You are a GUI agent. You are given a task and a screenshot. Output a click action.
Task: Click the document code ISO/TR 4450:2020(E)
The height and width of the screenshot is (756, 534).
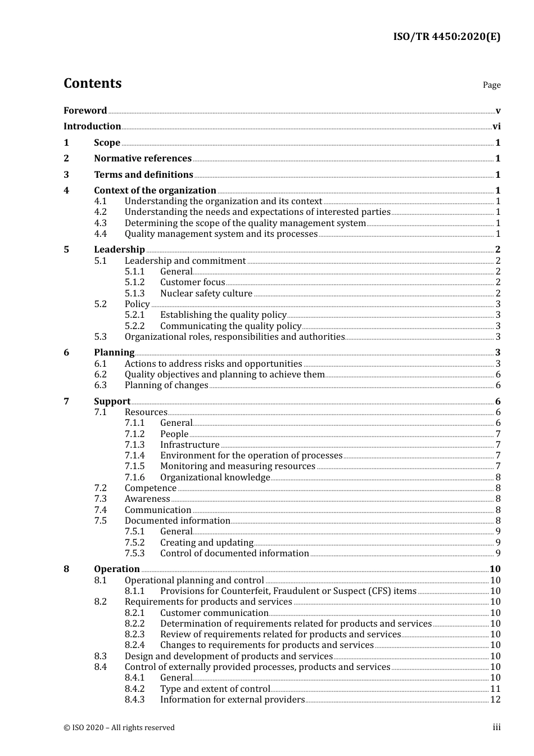point(446,37)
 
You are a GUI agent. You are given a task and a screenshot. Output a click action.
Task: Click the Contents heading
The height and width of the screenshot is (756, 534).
point(92,83)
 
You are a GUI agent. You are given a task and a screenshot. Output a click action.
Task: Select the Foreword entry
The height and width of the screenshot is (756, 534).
point(85,111)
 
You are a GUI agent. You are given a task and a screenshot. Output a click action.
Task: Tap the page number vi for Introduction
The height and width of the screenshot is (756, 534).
point(496,127)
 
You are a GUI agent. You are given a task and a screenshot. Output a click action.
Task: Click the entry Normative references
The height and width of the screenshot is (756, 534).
point(143,159)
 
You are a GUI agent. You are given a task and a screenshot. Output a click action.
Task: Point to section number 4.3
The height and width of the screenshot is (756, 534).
point(100,223)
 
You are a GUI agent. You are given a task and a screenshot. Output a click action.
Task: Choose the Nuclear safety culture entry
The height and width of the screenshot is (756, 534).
point(206,294)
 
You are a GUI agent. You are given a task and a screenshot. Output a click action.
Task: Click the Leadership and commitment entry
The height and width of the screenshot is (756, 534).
point(185,261)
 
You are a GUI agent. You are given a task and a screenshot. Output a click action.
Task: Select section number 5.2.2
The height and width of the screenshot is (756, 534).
point(134,326)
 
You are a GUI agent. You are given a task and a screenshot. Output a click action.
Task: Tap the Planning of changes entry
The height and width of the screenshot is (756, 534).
point(166,385)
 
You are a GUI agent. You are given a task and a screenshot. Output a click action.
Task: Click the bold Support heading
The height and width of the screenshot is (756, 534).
point(112,402)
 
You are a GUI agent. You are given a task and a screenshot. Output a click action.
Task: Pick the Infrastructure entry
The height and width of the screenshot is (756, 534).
point(189,445)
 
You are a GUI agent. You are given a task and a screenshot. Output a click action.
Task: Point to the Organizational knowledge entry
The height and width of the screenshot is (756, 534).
point(215,478)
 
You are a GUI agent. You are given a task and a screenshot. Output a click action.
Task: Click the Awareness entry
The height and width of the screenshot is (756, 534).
point(147,499)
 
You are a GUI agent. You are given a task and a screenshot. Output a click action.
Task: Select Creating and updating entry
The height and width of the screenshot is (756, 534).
point(206,543)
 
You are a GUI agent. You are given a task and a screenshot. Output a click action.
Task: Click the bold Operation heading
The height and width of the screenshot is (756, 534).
point(116,569)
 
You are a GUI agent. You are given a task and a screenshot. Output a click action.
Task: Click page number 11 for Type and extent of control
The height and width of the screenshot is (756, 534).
point(495,689)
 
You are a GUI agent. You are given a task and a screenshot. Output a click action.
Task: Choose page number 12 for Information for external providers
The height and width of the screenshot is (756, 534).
point(495,700)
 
